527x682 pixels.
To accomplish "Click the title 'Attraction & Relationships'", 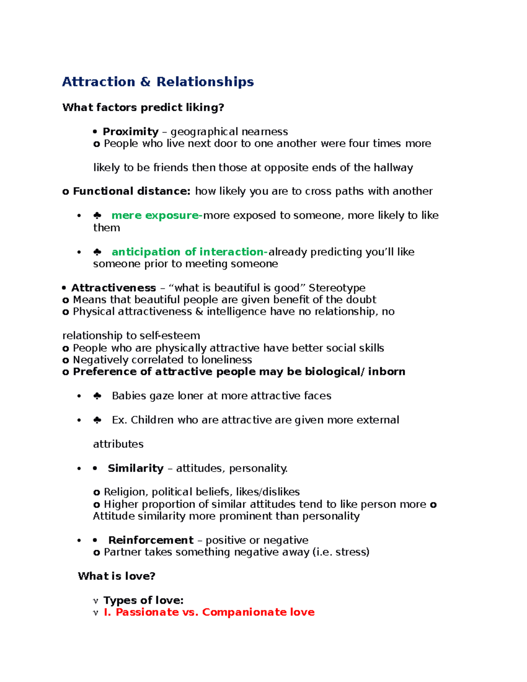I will point(158,82).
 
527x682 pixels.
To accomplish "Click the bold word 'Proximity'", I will point(130,132).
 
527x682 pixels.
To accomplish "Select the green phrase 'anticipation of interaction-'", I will point(189,252).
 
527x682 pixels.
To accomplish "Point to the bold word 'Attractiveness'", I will point(113,288).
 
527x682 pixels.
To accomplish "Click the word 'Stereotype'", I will point(337,288).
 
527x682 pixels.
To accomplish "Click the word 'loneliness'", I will point(226,360).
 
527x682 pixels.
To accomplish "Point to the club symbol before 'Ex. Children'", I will point(97,420).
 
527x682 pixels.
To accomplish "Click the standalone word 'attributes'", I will point(118,444).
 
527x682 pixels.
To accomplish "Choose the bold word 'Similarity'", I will point(135,469).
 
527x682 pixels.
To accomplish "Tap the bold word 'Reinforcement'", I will point(151,540).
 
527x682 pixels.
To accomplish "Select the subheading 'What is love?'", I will point(116,576).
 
